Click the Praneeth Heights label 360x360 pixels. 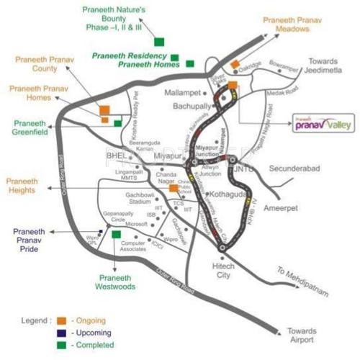pos(27,184)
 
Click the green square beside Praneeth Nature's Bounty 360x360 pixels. pos(158,41)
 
